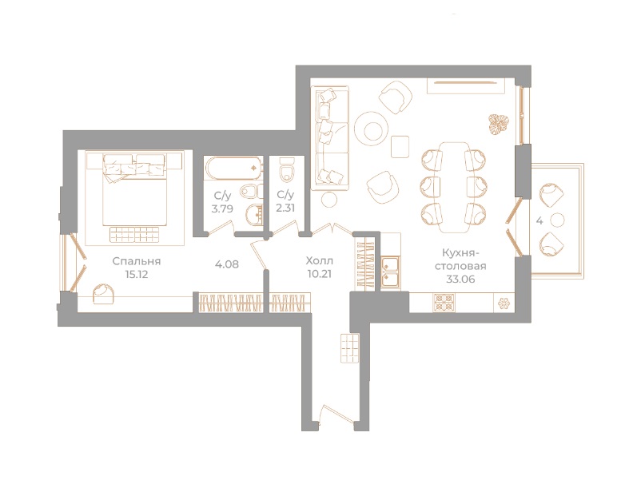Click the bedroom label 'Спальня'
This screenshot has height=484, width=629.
tap(137, 261)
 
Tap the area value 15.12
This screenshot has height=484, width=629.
tap(137, 275)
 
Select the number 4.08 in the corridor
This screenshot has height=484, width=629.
tap(227, 264)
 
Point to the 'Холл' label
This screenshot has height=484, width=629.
tap(320, 261)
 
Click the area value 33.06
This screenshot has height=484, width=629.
tap(460, 279)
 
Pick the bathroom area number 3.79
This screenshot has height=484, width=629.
tap(222, 208)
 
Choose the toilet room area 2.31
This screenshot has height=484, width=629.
tap(285, 208)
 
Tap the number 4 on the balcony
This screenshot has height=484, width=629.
tap(539, 221)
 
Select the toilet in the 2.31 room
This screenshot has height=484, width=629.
tap(287, 170)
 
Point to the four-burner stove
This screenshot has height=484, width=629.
tap(444, 303)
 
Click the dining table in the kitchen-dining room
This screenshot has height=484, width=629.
tap(454, 187)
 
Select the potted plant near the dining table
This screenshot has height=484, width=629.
tap(498, 123)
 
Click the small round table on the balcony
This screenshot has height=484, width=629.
tap(557, 220)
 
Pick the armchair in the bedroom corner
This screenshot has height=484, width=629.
tap(104, 296)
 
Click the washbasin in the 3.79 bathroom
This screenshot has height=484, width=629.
tap(254, 215)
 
